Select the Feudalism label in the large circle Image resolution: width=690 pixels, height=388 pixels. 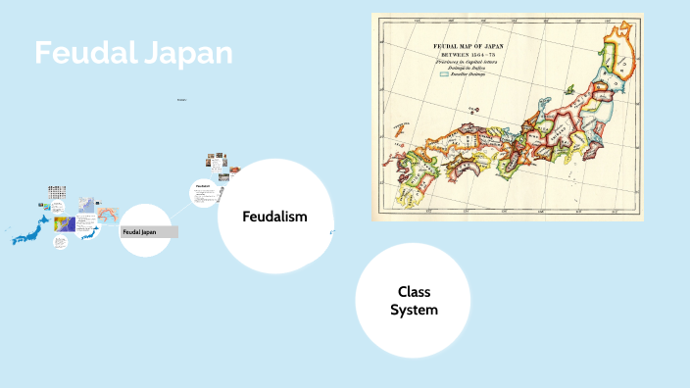(275, 216)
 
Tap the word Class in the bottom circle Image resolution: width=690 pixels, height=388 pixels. (414, 291)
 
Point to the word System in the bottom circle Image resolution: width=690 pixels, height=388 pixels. (414, 310)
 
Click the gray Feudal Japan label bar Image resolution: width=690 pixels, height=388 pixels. (148, 232)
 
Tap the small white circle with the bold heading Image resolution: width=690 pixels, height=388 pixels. (204, 192)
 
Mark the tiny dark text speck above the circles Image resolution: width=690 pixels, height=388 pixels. (182, 100)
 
